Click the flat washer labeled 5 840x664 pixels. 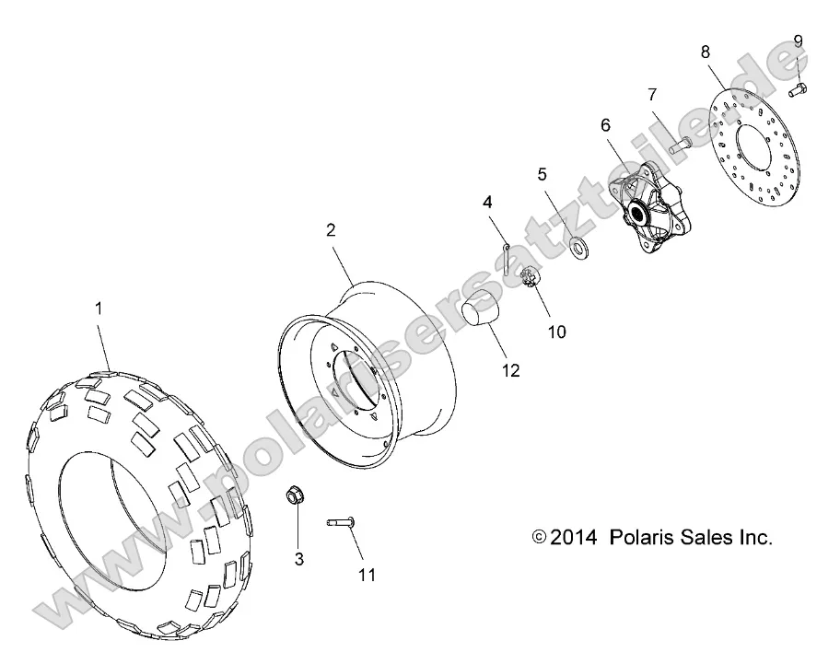pyautogui.click(x=580, y=246)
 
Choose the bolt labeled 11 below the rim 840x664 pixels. pyautogui.click(x=341, y=524)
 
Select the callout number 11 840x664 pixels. pyautogui.click(x=367, y=576)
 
